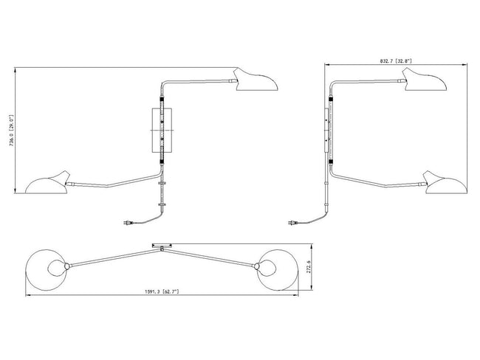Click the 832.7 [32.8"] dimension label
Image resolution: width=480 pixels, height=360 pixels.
(x=396, y=61)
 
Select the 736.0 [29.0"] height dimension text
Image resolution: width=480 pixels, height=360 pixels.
(x=12, y=131)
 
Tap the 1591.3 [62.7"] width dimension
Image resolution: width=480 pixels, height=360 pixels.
(x=162, y=291)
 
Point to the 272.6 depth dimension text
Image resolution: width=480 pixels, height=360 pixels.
(x=309, y=267)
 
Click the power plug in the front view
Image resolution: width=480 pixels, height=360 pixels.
(x=128, y=223)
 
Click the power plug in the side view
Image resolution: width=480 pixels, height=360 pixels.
(x=293, y=223)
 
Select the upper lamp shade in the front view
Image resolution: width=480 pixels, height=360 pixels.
(x=256, y=80)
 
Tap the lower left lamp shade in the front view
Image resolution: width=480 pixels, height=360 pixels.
(x=47, y=183)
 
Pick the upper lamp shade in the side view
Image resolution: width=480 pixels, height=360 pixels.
(x=425, y=80)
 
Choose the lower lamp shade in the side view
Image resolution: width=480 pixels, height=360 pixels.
(x=445, y=183)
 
